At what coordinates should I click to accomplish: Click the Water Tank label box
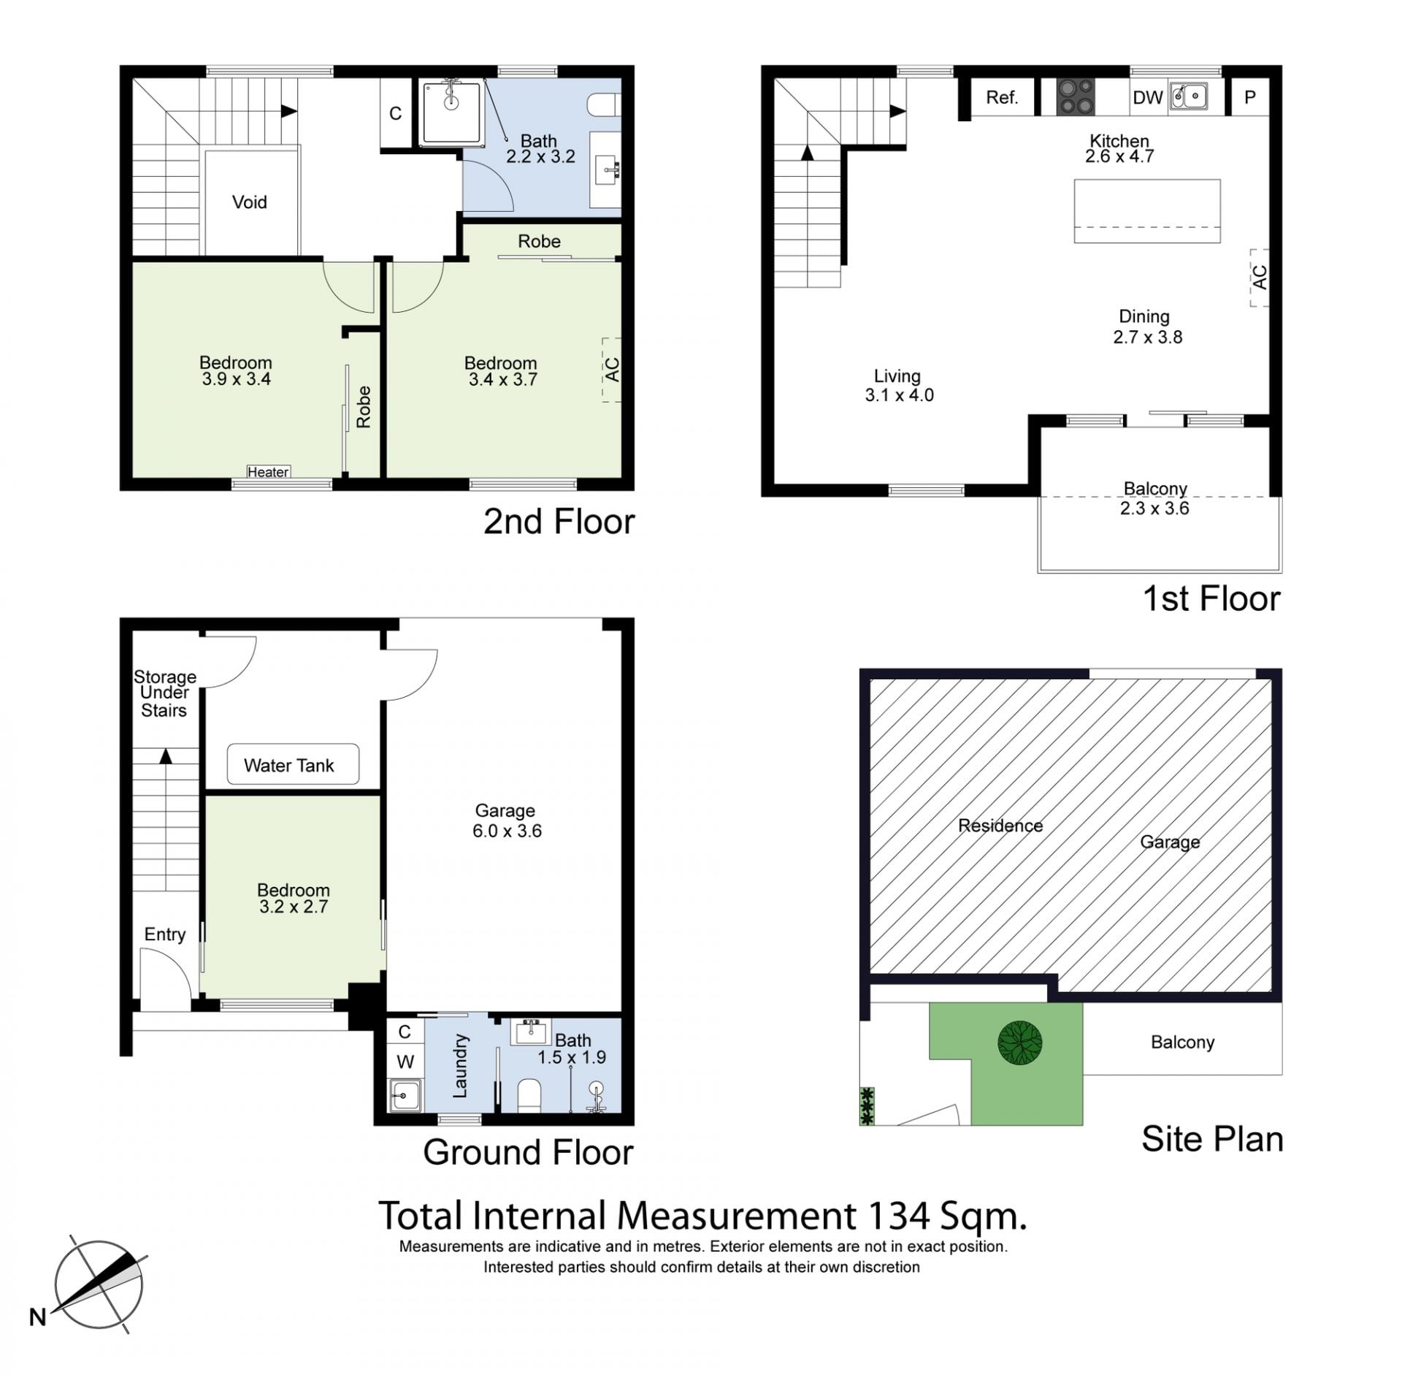tap(293, 764)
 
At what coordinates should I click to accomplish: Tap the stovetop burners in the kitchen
tap(1076, 97)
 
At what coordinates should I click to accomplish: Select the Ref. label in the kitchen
tap(1001, 98)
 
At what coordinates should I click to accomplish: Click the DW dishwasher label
tap(1147, 98)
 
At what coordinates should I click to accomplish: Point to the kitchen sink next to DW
tap(1188, 96)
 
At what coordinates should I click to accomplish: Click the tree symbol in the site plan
tap(1019, 1043)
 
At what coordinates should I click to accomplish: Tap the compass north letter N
tap(38, 1317)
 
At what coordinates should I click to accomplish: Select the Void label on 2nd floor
tap(249, 202)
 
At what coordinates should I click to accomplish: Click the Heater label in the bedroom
tap(268, 472)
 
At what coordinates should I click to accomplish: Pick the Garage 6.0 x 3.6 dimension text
tap(507, 831)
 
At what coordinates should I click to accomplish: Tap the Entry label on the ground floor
tap(164, 934)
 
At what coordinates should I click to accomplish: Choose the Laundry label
tap(460, 1065)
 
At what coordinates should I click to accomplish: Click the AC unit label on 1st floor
tap(1259, 277)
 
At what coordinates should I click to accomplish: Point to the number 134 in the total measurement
tap(898, 1216)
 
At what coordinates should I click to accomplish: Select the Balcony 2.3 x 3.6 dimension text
tap(1154, 509)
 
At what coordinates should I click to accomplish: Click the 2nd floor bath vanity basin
tap(605, 170)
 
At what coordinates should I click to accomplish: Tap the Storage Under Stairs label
tap(164, 693)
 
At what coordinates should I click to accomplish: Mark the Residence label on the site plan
tap(1000, 826)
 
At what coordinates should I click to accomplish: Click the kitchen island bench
tap(1146, 211)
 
